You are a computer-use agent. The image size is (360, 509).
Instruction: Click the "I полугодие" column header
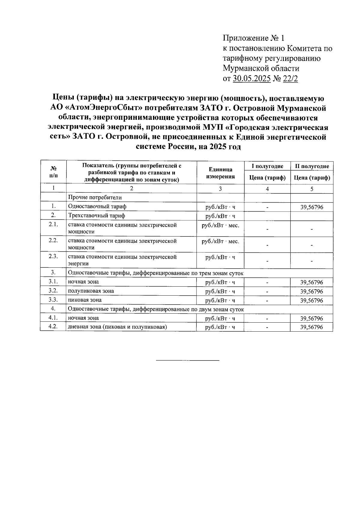click(267, 166)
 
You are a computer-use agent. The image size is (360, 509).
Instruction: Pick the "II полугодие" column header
click(312, 166)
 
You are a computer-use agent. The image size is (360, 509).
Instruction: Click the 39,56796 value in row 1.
click(312, 207)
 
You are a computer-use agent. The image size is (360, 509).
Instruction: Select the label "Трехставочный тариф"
click(97, 215)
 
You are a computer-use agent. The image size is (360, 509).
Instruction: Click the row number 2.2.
click(53, 241)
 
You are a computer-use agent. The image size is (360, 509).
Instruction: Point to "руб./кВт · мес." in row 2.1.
click(220, 225)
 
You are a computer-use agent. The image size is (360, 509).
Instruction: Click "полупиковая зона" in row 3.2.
click(91, 291)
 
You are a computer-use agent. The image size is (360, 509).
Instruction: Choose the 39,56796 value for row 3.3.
click(312, 300)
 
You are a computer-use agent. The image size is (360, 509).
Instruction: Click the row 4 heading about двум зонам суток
click(156, 309)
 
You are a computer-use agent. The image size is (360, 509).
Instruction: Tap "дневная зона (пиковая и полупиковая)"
click(117, 327)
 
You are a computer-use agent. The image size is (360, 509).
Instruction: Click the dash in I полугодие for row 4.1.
click(267, 318)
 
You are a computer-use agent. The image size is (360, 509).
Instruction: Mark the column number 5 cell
click(312, 189)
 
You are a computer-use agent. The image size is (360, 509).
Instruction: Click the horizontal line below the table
click(188, 360)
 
